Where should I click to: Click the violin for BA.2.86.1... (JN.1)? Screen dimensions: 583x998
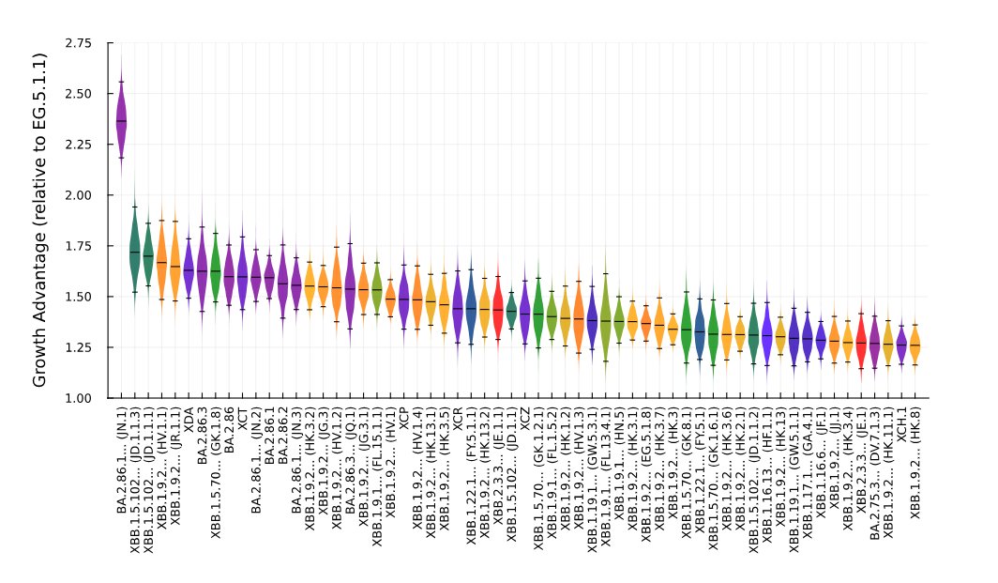pyautogui.click(x=121, y=122)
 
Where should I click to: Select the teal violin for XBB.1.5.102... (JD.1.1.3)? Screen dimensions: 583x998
pyautogui.click(x=134, y=253)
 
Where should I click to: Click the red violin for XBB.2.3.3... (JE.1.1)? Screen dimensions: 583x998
pyautogui.click(x=498, y=309)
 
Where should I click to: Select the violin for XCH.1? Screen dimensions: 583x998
pyautogui.click(x=901, y=345)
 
